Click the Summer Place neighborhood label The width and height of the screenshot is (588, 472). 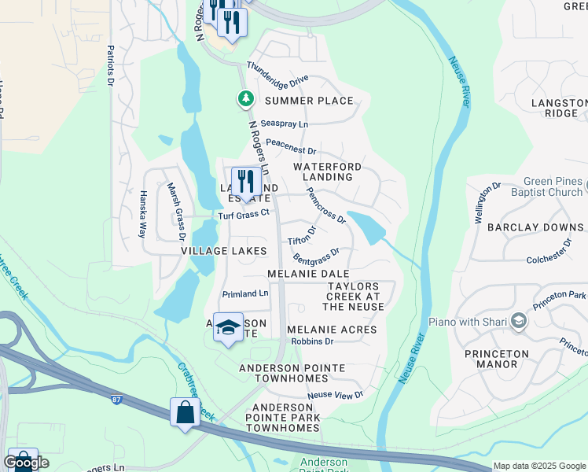pyautogui.click(x=309, y=101)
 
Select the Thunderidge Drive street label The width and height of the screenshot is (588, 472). pyautogui.click(x=277, y=76)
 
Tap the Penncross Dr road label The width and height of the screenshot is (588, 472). pyautogui.click(x=325, y=205)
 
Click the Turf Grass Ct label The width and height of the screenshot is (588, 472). pyautogui.click(x=244, y=212)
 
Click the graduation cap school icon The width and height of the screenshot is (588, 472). pyautogui.click(x=228, y=329)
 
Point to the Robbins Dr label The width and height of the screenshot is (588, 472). pyautogui.click(x=312, y=341)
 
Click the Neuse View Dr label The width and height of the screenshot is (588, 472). pyautogui.click(x=336, y=394)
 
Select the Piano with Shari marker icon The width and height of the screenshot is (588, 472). pyautogui.click(x=518, y=320)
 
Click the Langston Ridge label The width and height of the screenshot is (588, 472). pyautogui.click(x=559, y=108)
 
